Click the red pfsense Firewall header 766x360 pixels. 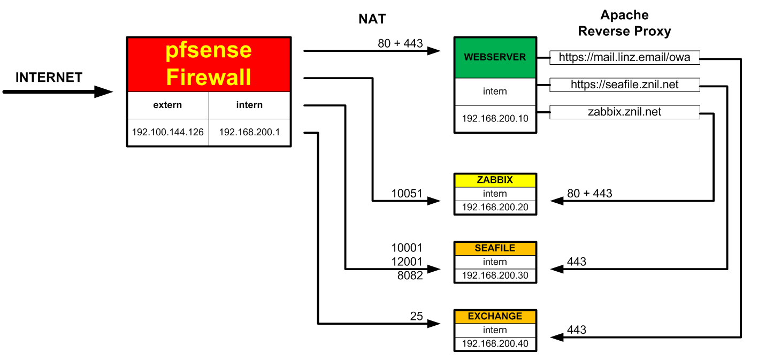209,64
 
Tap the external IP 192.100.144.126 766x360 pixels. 167,132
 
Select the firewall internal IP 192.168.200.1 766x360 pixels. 249,132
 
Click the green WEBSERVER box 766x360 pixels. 495,57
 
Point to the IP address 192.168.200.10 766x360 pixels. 495,118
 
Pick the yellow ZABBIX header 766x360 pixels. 495,180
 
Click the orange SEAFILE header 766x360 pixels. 495,248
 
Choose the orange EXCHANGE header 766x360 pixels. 495,316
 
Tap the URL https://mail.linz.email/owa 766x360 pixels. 624,57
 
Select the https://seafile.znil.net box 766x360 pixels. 624,85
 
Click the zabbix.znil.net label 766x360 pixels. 624,112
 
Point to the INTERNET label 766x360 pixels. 49,78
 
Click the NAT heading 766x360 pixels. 372,19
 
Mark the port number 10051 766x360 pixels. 407,194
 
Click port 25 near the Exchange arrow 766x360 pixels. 416,316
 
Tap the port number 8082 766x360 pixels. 410,275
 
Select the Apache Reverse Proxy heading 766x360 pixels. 624,23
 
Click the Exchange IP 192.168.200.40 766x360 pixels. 495,343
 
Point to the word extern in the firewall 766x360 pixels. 167,105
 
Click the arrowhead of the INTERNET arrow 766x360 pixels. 104,92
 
